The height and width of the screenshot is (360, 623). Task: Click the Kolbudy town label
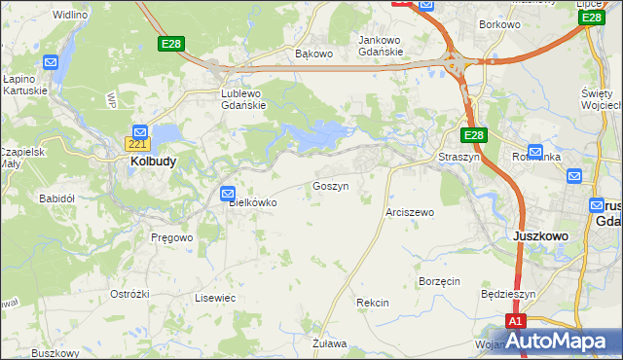pyautogui.click(x=153, y=162)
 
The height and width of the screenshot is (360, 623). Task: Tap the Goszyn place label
pyautogui.click(x=330, y=185)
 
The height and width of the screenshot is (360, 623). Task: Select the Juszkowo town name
pyautogui.click(x=539, y=235)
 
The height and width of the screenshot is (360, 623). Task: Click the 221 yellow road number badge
pyautogui.click(x=137, y=145)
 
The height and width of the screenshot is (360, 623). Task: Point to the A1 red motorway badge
pyautogui.click(x=516, y=322)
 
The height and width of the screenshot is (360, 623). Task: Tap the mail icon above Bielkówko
pyautogui.click(x=228, y=193)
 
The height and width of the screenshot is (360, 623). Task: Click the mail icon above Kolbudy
pyautogui.click(x=140, y=131)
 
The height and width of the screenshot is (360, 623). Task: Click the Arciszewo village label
pyautogui.click(x=410, y=211)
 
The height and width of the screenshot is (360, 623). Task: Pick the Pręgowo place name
pyautogui.click(x=172, y=236)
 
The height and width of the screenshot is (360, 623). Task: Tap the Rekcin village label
pyautogui.click(x=373, y=303)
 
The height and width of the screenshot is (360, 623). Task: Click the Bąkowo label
pyautogui.click(x=313, y=54)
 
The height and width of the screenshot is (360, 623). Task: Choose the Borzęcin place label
pyautogui.click(x=438, y=280)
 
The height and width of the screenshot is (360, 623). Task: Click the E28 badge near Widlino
pyautogui.click(x=171, y=45)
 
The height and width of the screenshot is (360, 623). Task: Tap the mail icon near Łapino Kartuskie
pyautogui.click(x=52, y=63)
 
